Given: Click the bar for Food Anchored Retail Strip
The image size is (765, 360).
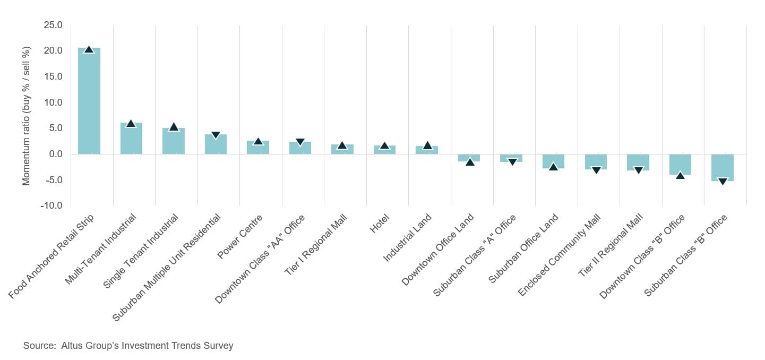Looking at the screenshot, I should [89, 101].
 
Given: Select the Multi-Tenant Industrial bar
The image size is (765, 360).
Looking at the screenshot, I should [131, 139].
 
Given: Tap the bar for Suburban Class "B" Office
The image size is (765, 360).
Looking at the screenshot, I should [723, 167].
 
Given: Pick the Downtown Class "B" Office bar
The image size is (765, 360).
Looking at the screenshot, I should [680, 164].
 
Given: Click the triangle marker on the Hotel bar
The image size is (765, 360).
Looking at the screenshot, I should [384, 146].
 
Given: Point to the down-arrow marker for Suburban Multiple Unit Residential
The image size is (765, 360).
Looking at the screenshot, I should [216, 135].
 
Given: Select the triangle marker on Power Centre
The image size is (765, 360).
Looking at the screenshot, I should [258, 141].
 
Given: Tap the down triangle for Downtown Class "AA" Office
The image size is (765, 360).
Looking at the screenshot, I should [300, 142].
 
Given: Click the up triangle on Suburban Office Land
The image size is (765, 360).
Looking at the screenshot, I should [553, 167].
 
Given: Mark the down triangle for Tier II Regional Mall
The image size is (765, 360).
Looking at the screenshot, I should [638, 170].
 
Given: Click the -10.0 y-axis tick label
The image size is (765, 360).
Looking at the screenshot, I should [51, 205].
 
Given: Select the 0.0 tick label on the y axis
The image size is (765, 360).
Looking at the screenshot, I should [55, 154].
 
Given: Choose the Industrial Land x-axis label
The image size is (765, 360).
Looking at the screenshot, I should [408, 237].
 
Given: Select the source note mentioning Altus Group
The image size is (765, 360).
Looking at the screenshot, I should [128, 346].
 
